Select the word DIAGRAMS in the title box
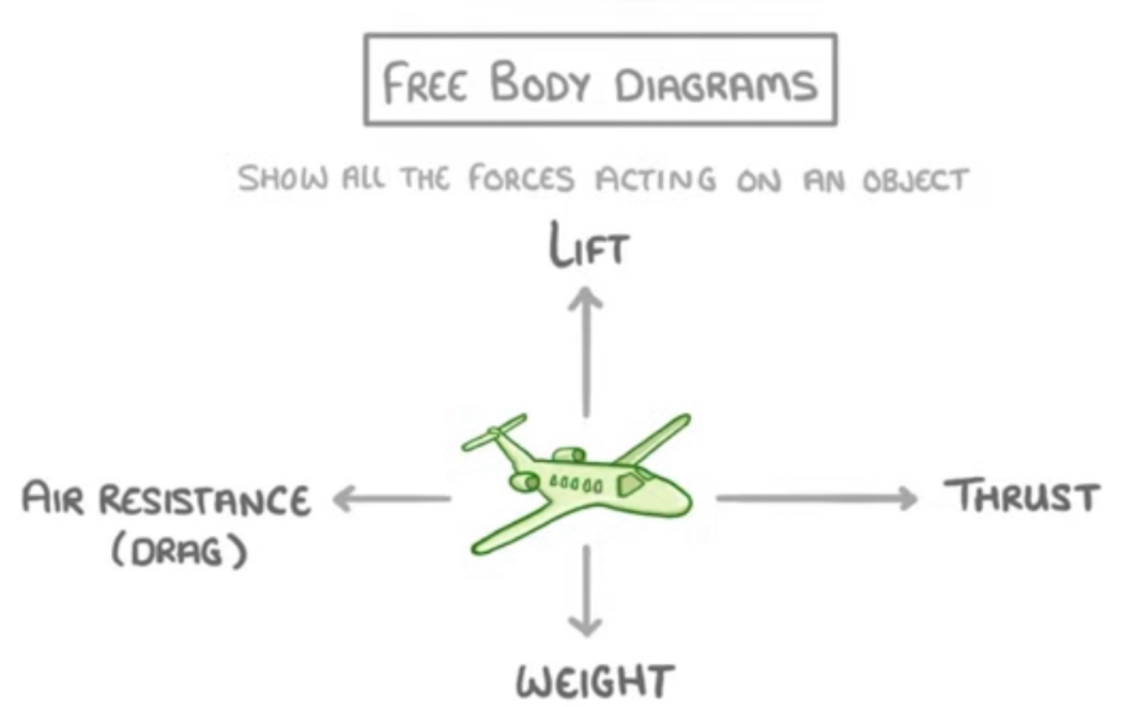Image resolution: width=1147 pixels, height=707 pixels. [x=716, y=84]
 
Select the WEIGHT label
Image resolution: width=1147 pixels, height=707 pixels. [x=593, y=683]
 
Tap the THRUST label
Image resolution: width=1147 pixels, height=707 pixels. [x=1022, y=496]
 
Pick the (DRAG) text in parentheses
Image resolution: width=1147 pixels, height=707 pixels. [x=179, y=550]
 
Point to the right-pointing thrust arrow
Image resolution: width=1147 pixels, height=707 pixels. [x=816, y=498]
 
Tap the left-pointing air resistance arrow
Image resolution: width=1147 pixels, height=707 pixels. [x=391, y=498]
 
